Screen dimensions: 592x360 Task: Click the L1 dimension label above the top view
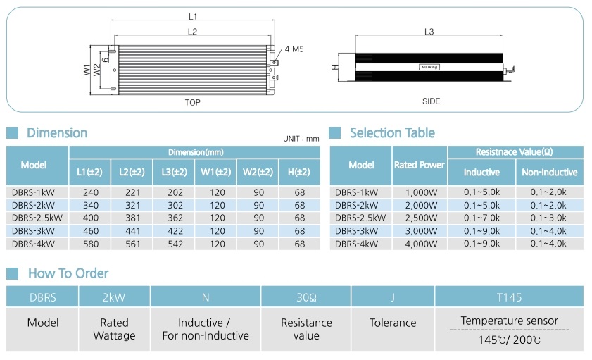[x=193, y=17]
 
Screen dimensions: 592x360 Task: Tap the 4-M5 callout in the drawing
[x=294, y=49]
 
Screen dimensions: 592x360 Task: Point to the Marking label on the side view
[x=429, y=67]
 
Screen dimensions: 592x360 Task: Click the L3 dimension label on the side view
[x=429, y=32]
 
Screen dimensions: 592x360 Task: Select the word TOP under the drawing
[x=193, y=102]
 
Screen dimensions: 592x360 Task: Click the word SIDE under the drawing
[x=432, y=101]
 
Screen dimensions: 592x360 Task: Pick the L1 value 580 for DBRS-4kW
[x=91, y=244]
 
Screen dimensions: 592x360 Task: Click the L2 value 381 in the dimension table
[x=132, y=218]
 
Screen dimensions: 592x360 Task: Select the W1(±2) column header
[x=215, y=173]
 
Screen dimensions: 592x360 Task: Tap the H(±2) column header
[x=299, y=173]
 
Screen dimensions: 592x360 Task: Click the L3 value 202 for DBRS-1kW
[x=175, y=192]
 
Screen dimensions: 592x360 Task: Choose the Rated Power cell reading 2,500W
[x=421, y=218]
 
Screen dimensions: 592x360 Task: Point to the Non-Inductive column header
[x=550, y=173]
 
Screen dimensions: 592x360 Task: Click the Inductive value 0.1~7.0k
[x=481, y=218]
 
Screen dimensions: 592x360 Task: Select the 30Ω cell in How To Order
[x=306, y=297]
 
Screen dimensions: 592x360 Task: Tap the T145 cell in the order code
[x=509, y=297]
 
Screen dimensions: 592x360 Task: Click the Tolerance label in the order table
[x=393, y=323]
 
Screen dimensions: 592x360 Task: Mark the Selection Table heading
[x=392, y=133]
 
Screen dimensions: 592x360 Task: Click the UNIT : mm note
[x=301, y=139]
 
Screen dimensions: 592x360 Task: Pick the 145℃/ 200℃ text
[x=510, y=340]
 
